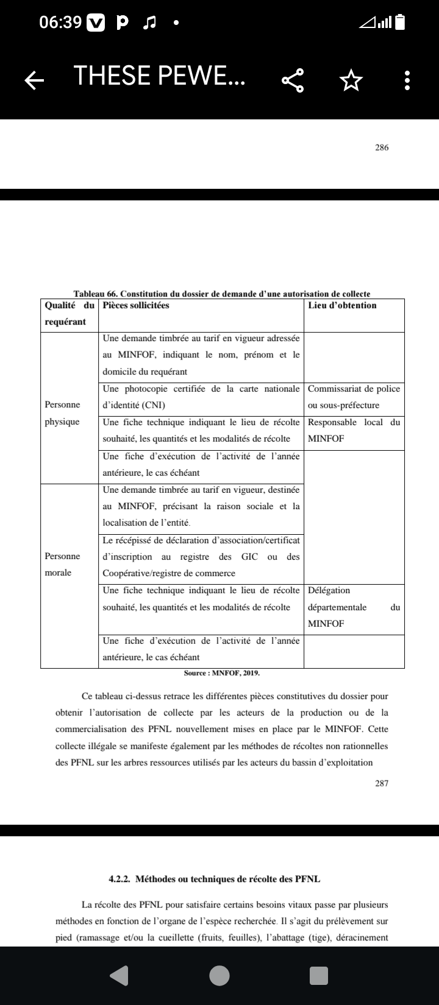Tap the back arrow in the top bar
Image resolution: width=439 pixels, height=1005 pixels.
pos(35,79)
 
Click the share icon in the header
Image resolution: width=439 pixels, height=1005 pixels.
pos(292,80)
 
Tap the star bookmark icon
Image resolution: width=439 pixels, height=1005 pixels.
pos(350,80)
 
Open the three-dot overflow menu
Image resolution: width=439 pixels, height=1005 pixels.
pos(407,80)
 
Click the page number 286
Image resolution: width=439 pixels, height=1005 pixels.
pos(382,147)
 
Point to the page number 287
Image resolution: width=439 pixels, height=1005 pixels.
pos(382,783)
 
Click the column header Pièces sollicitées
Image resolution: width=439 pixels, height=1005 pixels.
pos(136,306)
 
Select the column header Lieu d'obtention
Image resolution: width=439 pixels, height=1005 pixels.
pos(342,306)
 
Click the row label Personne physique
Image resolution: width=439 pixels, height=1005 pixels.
pos(62,414)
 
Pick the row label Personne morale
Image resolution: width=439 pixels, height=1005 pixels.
pos(62,564)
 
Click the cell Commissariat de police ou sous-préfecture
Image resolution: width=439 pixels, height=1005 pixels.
pos(354,397)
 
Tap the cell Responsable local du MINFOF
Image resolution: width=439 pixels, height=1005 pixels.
pos(354,430)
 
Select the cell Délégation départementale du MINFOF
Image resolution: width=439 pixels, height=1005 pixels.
pos(354,607)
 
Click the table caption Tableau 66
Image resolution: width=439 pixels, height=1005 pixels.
pos(222,294)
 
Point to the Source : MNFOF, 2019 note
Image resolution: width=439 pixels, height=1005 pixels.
pos(222,674)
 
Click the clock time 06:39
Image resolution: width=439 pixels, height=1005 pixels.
pos(60,23)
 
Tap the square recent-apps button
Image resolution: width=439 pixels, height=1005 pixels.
pos(318,976)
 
